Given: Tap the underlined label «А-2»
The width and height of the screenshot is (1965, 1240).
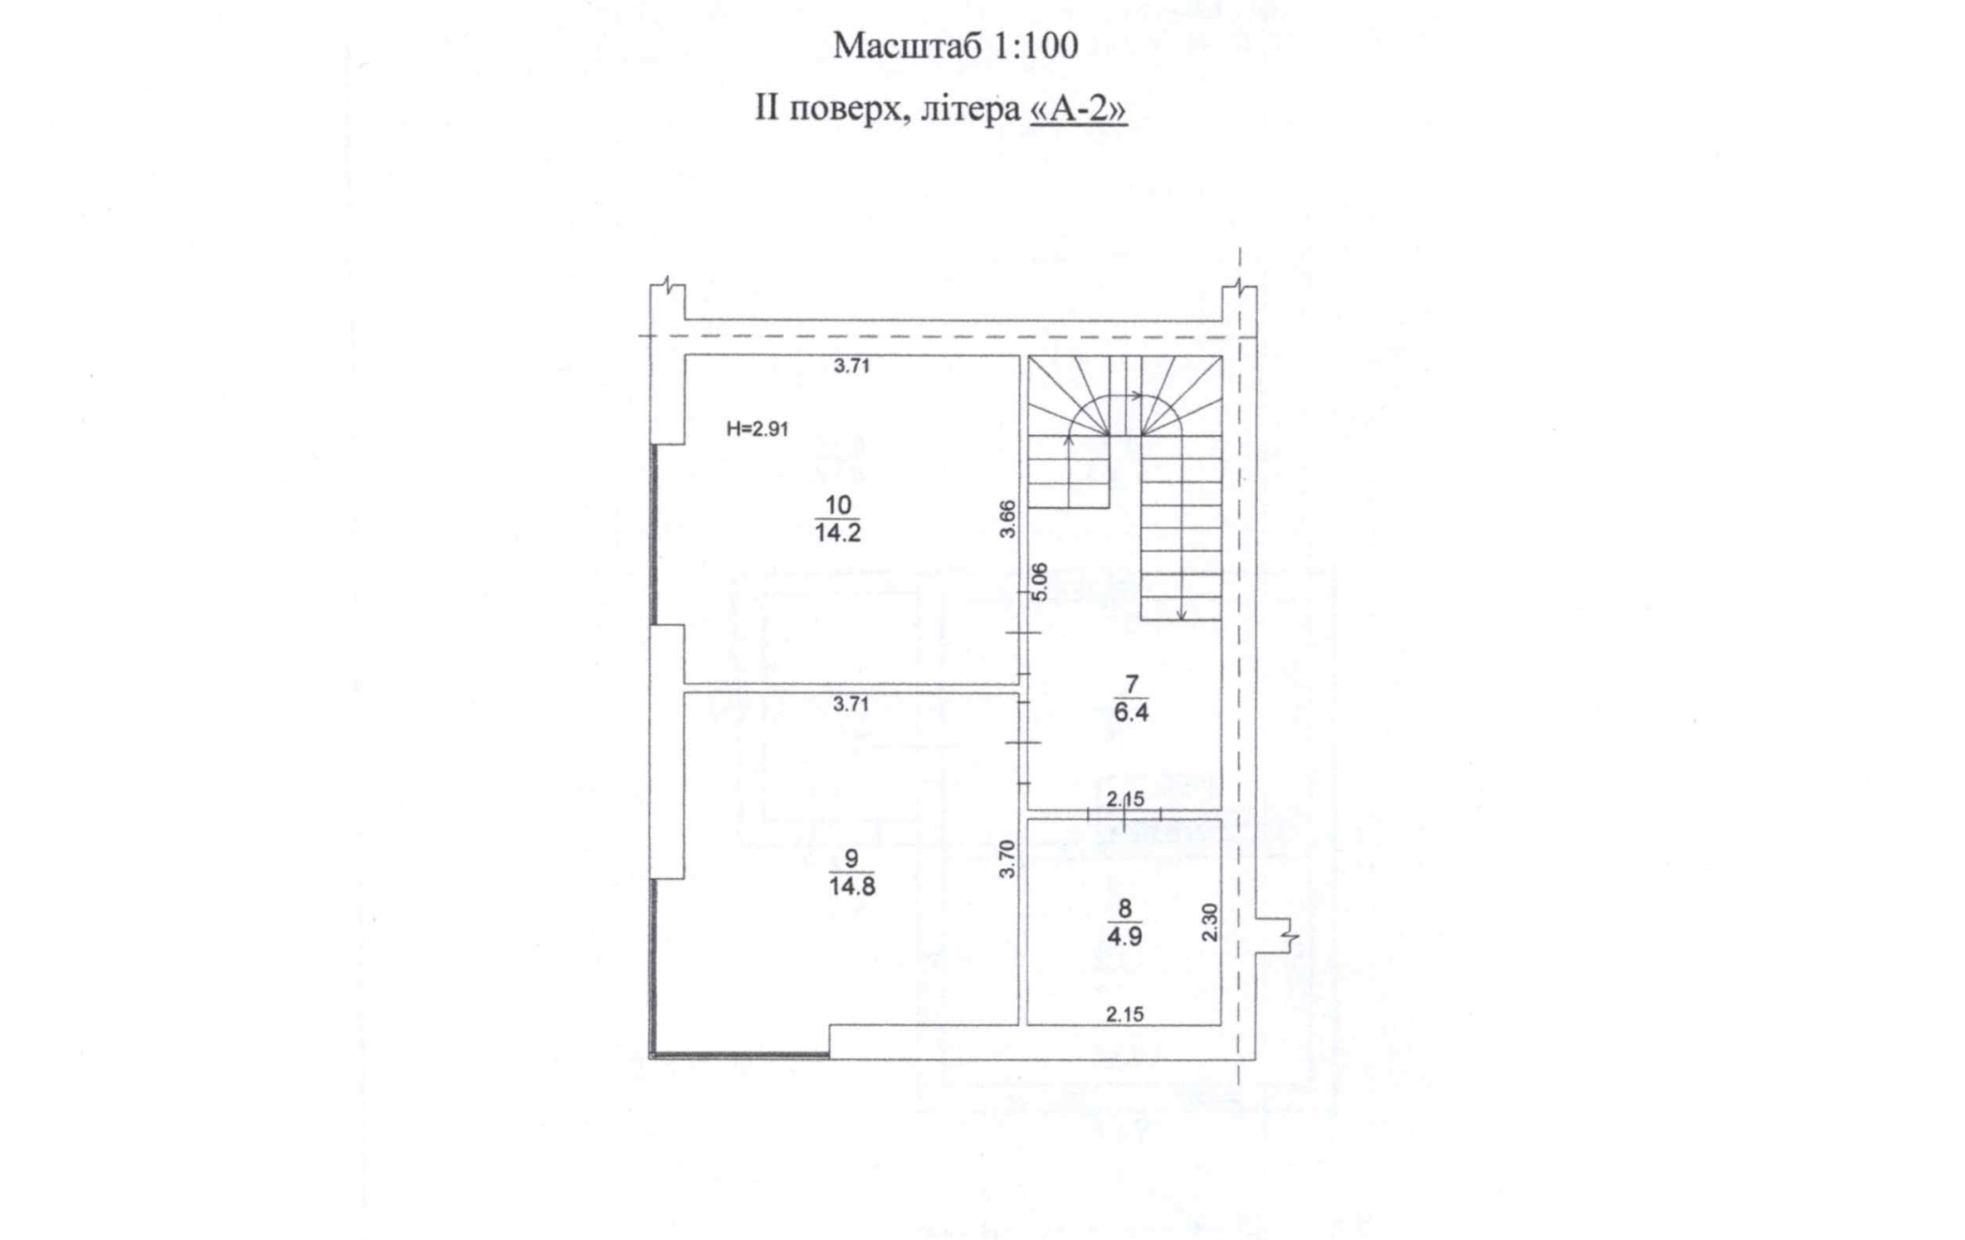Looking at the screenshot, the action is (1078, 109).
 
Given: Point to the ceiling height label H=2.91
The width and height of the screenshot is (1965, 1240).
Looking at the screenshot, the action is (757, 429).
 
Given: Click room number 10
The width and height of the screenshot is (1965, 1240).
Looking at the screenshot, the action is (838, 505).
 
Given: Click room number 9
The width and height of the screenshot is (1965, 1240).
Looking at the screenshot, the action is (851, 858).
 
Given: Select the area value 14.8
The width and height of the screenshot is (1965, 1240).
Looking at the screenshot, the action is (851, 886).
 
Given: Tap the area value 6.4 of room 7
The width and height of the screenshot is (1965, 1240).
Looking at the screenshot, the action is (1131, 712).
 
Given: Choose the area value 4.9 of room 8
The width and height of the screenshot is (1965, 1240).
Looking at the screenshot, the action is (1124, 936).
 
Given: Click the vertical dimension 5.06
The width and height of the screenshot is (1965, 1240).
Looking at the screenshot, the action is (1040, 581).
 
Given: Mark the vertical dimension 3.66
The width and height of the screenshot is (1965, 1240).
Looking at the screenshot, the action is (1007, 519).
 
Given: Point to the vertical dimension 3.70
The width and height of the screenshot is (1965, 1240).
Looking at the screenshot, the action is (1007, 859).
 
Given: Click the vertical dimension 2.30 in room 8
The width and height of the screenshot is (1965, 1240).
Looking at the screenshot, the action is (1210, 922).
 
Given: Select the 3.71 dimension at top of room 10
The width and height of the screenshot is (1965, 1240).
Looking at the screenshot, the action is (851, 366).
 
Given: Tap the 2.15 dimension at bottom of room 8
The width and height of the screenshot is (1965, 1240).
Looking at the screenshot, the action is (1124, 1013).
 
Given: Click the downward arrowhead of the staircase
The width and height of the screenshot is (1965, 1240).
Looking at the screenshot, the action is (1182, 615).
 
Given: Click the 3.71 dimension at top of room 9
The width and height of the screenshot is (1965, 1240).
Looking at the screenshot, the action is (851, 705).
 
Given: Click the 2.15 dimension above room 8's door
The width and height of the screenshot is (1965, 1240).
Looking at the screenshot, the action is (1125, 799).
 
